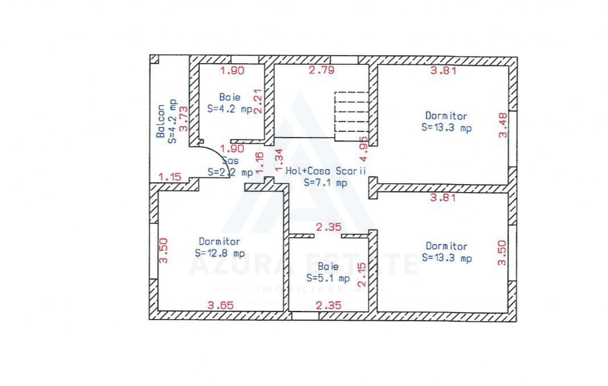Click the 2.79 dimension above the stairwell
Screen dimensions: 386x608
pyautogui.click(x=322, y=70)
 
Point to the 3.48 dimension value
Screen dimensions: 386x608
pyautogui.click(x=503, y=126)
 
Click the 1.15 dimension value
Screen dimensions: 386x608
pyautogui.click(x=170, y=177)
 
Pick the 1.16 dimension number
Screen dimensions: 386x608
pyautogui.click(x=260, y=163)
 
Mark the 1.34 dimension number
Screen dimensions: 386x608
pyautogui.click(x=278, y=160)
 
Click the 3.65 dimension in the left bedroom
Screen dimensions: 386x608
pyautogui.click(x=220, y=305)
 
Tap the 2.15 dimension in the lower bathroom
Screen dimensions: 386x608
pyautogui.click(x=361, y=275)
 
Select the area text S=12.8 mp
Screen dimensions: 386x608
pyautogui.click(x=220, y=254)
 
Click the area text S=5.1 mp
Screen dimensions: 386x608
pyautogui.click(x=328, y=278)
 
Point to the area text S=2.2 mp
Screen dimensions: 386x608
pyautogui.click(x=230, y=172)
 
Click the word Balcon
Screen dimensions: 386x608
pyautogui.click(x=161, y=121)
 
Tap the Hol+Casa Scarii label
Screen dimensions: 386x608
pyautogui.click(x=326, y=171)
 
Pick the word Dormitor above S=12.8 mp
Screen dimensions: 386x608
pyautogui.click(x=220, y=242)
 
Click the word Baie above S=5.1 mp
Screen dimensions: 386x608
pyautogui.click(x=328, y=266)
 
